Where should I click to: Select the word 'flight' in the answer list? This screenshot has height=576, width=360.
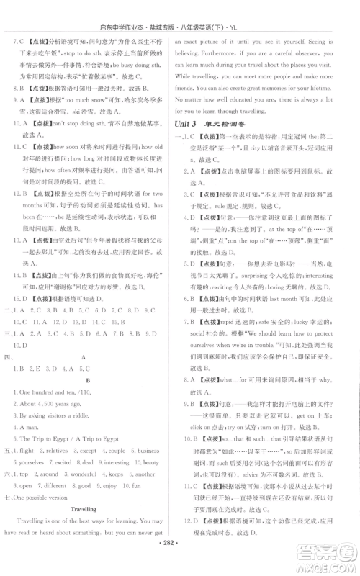tap(22, 450)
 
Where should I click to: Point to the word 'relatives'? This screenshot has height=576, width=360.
tap(51, 450)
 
